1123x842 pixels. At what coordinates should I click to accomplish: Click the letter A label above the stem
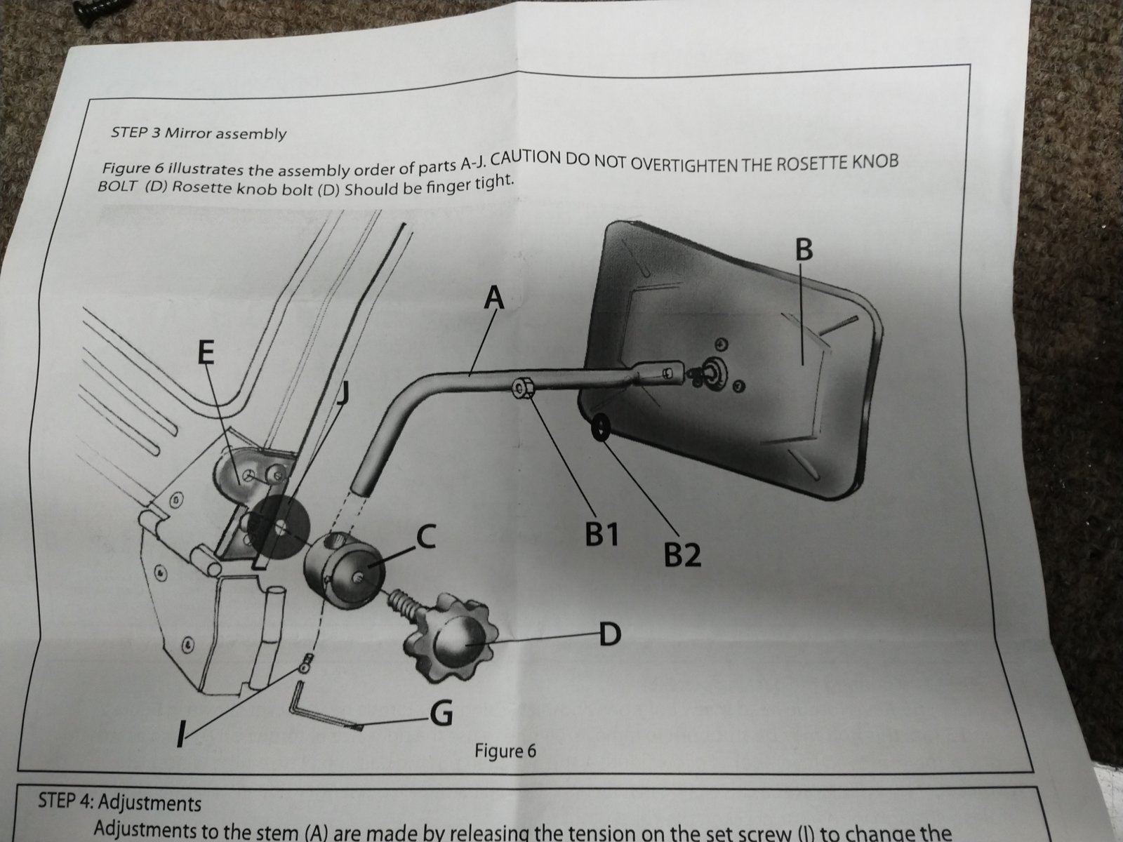click(x=494, y=298)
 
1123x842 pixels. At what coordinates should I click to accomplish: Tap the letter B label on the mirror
click(x=804, y=249)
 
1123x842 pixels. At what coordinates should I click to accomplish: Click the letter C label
click(x=427, y=537)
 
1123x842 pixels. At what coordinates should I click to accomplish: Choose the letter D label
click(x=611, y=636)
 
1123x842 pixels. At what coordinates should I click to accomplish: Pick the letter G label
click(x=440, y=714)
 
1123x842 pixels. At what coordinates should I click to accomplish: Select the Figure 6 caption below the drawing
click(x=505, y=751)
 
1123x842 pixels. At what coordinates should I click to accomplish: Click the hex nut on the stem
click(x=522, y=387)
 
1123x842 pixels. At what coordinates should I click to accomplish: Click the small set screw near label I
click(x=305, y=664)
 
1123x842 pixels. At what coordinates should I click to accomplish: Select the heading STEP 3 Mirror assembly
click(x=199, y=133)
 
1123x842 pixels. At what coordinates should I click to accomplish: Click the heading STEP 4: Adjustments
click(x=119, y=802)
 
